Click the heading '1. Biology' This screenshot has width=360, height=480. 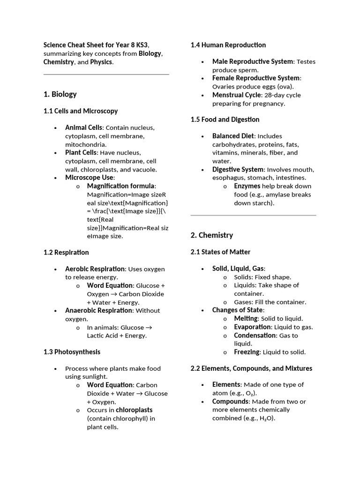pos(60,94)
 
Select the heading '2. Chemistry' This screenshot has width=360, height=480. pos(212,235)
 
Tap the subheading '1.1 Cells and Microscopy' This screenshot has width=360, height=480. pos(80,111)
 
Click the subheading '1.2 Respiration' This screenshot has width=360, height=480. pos(66,252)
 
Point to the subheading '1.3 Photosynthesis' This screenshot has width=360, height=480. pos(72,352)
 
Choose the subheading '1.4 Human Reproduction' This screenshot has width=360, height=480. pos(228,45)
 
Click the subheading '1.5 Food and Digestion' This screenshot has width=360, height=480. pos(225,120)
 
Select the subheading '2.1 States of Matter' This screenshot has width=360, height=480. pos(220,252)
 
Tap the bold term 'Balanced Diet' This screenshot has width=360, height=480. pos(233,136)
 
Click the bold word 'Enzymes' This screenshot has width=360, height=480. pos(247,186)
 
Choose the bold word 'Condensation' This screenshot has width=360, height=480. pos(255,335)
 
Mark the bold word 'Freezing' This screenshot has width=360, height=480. pos(247,352)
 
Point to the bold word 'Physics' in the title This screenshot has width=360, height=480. pos(101,62)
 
